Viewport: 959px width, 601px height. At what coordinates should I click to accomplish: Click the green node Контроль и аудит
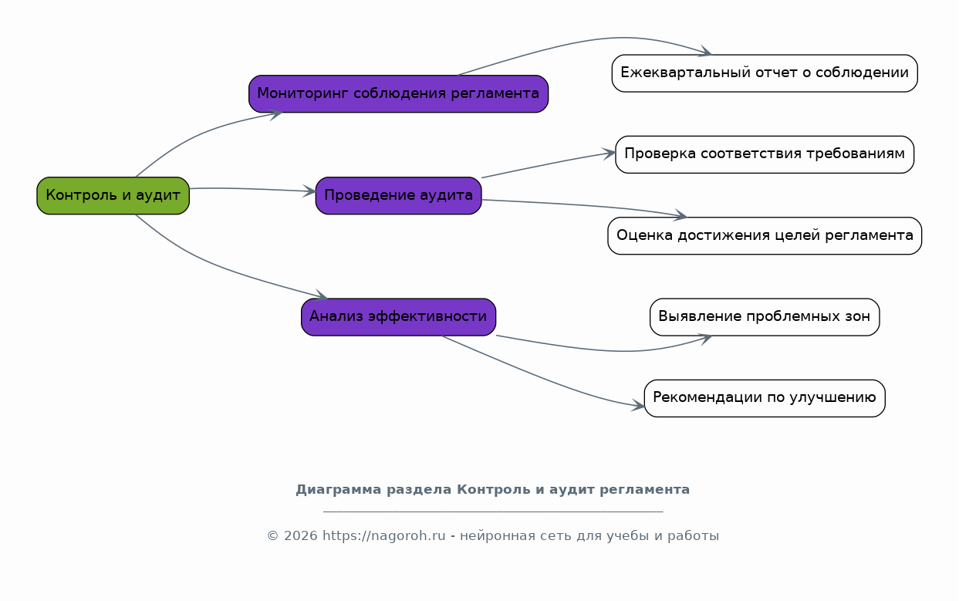coord(113,196)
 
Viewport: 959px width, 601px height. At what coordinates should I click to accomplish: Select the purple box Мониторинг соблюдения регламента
coord(399,94)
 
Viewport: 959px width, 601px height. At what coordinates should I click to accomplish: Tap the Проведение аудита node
coord(399,196)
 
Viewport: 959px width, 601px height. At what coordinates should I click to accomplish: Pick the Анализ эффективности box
coord(399,317)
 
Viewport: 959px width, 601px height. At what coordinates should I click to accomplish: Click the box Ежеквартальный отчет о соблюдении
coord(765,73)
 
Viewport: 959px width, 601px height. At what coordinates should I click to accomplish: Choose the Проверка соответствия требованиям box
coord(765,154)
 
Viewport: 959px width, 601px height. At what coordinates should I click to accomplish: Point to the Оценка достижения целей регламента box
coord(765,236)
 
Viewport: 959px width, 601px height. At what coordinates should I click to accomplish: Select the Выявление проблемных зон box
coord(765,317)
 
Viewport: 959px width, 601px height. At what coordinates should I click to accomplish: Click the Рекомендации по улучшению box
coord(765,398)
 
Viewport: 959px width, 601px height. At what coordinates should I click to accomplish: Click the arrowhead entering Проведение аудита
coord(310,191)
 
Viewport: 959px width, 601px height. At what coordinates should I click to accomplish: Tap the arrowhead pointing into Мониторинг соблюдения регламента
coord(276,114)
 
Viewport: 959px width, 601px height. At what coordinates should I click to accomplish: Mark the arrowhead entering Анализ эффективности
coord(322,295)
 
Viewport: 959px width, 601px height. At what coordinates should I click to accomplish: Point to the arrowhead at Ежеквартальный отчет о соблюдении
coord(705,52)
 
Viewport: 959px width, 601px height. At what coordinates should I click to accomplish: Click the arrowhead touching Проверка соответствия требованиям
coord(610,154)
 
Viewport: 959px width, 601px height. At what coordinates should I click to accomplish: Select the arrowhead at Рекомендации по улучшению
coord(638,405)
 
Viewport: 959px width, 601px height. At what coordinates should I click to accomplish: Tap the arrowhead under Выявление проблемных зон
coord(705,338)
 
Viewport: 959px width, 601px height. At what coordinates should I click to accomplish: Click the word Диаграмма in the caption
coord(338,490)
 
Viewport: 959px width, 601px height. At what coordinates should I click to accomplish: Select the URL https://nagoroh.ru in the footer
coord(383,535)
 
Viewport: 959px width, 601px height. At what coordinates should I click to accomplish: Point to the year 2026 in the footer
coord(301,535)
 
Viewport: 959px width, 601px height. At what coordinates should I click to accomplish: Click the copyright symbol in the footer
coord(272,536)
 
